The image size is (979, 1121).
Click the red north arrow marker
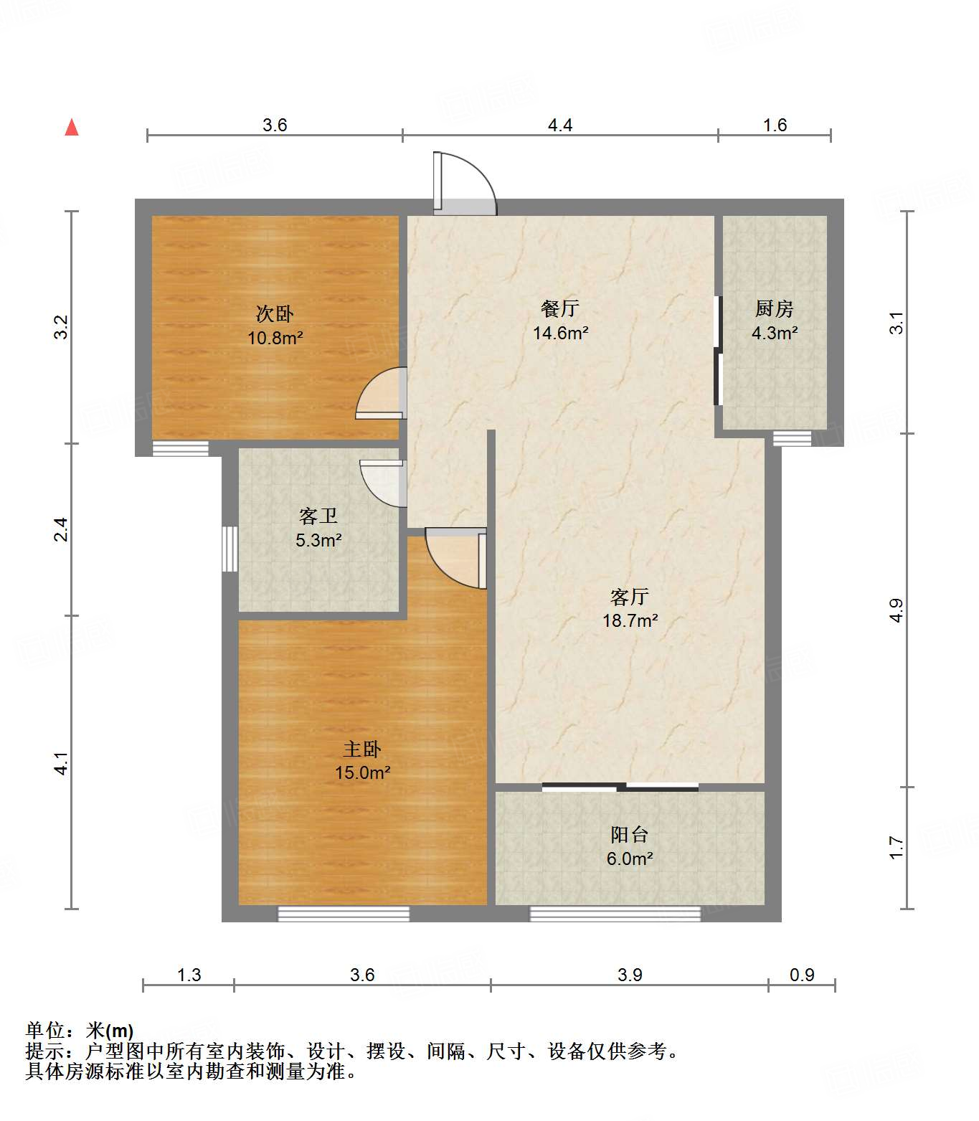72,127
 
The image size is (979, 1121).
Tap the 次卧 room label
275,314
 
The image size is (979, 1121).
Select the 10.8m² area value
275,338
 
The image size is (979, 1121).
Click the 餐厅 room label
560,308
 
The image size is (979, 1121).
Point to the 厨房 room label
774,308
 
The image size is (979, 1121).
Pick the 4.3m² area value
774,333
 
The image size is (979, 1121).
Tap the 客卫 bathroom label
318,516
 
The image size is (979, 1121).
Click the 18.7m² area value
630,620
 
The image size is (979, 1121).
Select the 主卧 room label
362,749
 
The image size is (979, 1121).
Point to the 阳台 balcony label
630,834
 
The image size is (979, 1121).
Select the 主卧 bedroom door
456,558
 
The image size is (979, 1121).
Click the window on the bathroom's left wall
230,549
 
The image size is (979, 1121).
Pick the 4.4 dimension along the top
560,125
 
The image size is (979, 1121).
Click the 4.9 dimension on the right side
896,610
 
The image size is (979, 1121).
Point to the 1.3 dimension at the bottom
189,975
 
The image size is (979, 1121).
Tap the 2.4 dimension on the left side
61,529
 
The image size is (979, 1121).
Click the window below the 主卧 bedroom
344,914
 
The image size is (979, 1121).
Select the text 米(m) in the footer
110,1031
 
